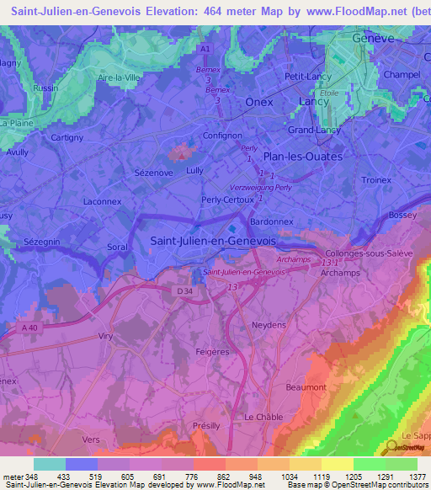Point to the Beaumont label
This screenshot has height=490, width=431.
point(306,386)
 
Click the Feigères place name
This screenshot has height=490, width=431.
point(211,351)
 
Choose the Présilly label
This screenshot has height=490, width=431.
point(206,426)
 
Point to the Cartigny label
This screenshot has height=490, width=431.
point(67,137)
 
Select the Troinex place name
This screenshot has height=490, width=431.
point(375,180)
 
